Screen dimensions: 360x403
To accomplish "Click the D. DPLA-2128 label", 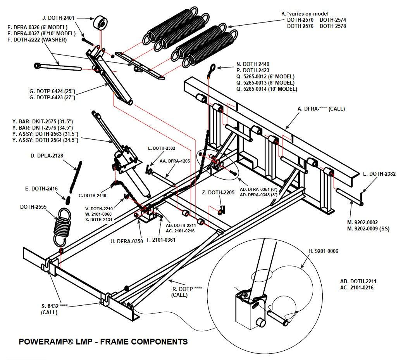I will coord(46,156).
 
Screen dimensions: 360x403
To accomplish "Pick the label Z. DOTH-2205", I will coord(218,192).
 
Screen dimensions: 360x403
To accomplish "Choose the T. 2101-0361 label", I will coord(161,240).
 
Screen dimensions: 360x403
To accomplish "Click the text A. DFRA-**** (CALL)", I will coord(321,109).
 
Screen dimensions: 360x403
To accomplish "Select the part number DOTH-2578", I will coord(333,26).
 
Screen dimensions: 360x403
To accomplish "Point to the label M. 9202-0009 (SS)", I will coord(368,229).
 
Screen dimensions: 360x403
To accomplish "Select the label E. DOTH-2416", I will coord(41,189).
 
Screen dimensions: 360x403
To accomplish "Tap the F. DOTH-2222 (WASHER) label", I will coord(38,40).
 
